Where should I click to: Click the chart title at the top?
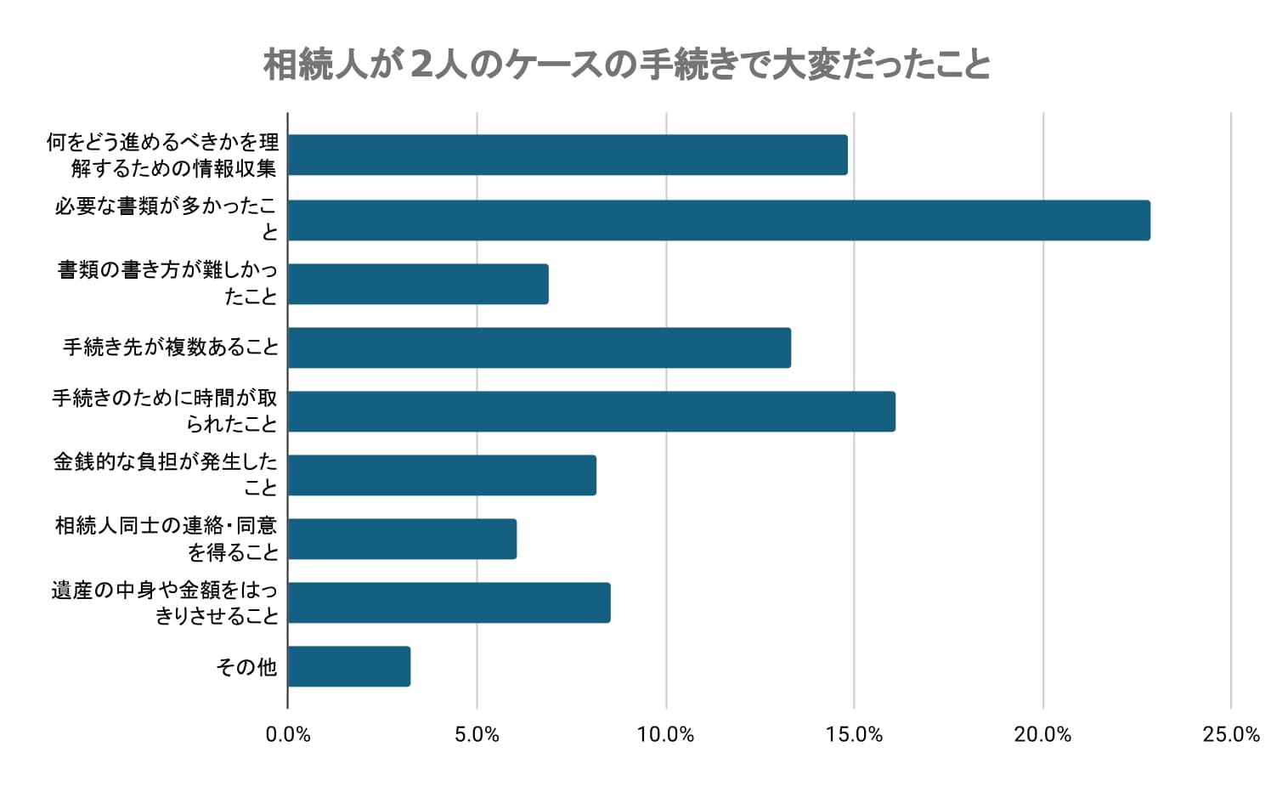pyautogui.click(x=627, y=65)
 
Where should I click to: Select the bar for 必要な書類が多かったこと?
pyautogui.click(x=719, y=220)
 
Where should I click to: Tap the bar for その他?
pyautogui.click(x=349, y=666)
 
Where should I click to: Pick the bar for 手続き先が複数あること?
pyautogui.click(x=539, y=348)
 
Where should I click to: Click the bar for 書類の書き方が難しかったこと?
pyautogui.click(x=418, y=284)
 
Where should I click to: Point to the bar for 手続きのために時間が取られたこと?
pyautogui.click(x=591, y=411)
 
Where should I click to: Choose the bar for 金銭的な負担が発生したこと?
pyautogui.click(x=442, y=475)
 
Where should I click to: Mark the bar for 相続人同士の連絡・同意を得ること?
pyautogui.click(x=402, y=539)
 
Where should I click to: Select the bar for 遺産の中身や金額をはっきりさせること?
pyautogui.click(x=449, y=602)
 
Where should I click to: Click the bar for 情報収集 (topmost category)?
pyautogui.click(x=568, y=155)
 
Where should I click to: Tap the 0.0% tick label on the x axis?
pyautogui.click(x=288, y=735)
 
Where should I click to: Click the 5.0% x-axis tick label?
pyautogui.click(x=477, y=735)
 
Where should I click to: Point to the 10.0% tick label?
pyautogui.click(x=665, y=735)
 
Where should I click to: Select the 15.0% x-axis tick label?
pyautogui.click(x=854, y=735)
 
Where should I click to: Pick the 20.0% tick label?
pyautogui.click(x=1042, y=735)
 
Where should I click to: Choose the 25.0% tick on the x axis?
pyautogui.click(x=1231, y=735)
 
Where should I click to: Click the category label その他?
pyautogui.click(x=246, y=667)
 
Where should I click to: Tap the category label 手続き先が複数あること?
pyautogui.click(x=171, y=348)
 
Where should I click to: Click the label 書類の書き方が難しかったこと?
pyautogui.click(x=167, y=283)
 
